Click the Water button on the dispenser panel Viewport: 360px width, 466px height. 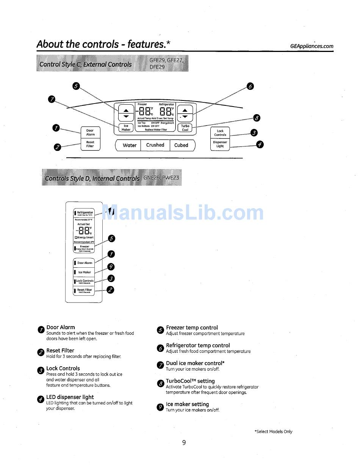[129, 145]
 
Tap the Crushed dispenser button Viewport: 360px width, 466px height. [155, 145]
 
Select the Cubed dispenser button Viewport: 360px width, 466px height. [181, 145]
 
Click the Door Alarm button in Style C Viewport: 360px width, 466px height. [91, 132]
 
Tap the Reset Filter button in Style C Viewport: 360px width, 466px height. [91, 144]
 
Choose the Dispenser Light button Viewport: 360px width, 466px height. [220, 144]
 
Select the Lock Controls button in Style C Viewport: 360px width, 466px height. [220, 133]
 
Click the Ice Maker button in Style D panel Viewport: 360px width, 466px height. [84, 272]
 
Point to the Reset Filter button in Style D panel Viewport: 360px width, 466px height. [84, 290]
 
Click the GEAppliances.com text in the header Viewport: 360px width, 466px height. [311, 46]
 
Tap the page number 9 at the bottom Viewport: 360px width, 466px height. [184, 442]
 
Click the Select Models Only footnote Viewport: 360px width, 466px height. [273, 431]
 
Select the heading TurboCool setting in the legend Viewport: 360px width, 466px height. [190, 381]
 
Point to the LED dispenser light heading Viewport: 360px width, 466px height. [70, 397]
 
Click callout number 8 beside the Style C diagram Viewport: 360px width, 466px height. [257, 118]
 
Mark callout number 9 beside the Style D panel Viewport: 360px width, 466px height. [111, 267]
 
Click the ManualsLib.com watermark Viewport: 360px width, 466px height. [182, 212]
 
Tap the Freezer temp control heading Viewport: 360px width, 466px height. [192, 328]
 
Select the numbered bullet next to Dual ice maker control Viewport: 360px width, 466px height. [160, 365]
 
